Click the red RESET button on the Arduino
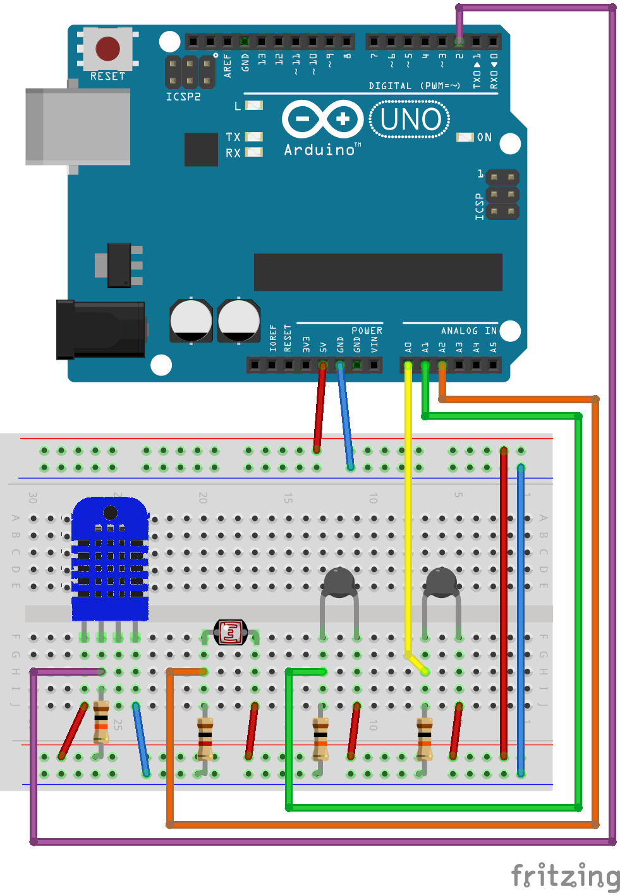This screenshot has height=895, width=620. point(107,49)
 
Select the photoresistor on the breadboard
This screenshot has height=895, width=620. point(231,631)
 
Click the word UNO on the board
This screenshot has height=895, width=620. point(410,119)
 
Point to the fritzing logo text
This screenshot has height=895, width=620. point(565,877)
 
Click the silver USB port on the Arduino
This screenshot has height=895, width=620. point(77,126)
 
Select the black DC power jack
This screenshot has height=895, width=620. point(101,329)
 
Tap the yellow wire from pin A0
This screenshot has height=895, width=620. point(408,506)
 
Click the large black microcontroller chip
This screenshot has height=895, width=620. point(378,272)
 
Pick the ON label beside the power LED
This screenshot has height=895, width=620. point(484,137)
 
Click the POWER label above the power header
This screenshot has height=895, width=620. point(367,331)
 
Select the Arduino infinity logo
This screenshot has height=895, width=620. point(322,119)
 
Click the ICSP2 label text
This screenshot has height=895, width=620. point(183,97)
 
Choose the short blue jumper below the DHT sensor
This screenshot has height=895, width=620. point(141,739)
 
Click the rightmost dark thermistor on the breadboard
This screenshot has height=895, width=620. point(441,583)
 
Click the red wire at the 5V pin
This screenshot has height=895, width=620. point(320,405)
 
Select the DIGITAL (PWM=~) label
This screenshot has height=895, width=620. point(414,86)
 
